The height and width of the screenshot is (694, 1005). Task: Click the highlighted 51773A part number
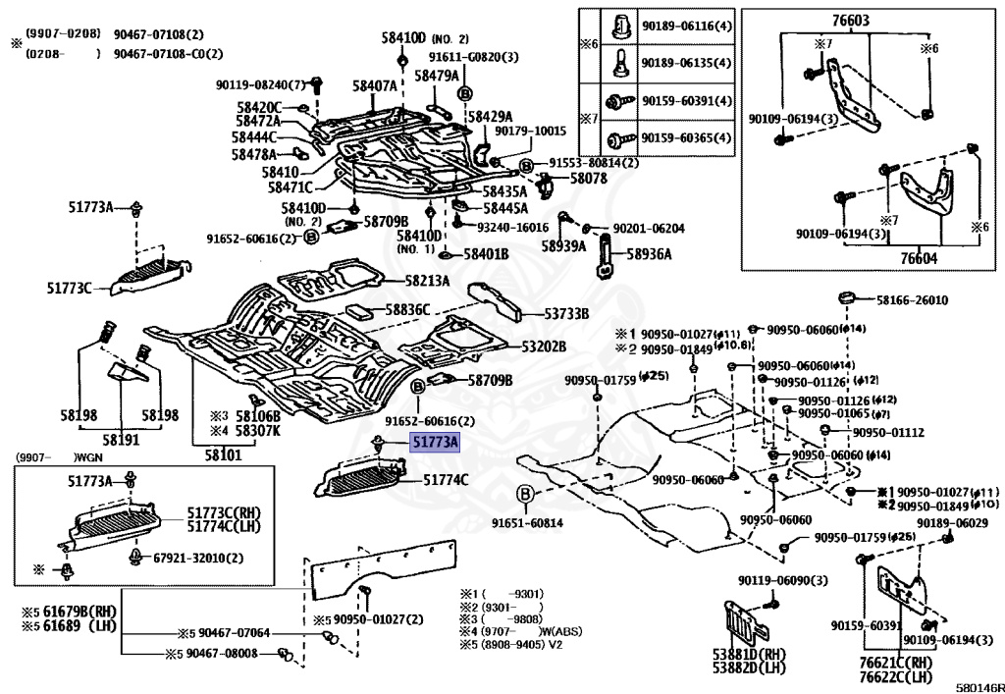pyautogui.click(x=435, y=445)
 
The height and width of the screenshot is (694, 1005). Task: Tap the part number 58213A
pyautogui.click(x=427, y=282)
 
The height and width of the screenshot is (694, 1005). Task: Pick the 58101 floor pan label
pyautogui.click(x=223, y=455)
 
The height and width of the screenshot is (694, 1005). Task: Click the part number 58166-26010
pyautogui.click(x=912, y=300)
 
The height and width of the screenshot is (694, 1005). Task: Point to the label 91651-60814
pyautogui.click(x=527, y=523)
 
